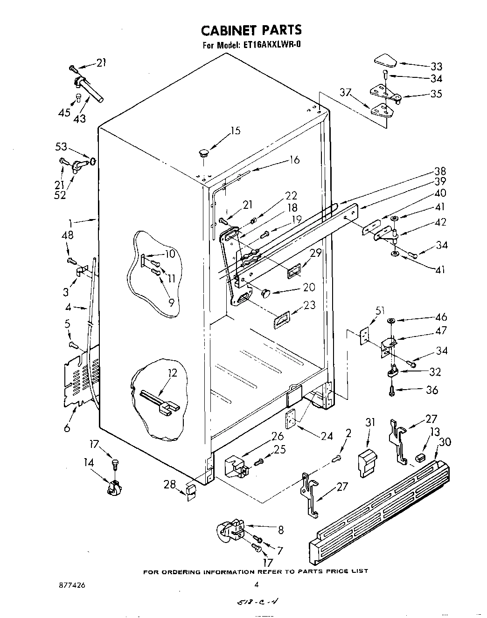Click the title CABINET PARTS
point(251,30)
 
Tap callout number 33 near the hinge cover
point(436,66)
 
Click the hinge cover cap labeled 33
point(385,61)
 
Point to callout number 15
point(236,130)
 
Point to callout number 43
point(80,118)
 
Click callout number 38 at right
point(440,171)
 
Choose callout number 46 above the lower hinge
point(440,317)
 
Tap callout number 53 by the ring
point(61,147)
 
